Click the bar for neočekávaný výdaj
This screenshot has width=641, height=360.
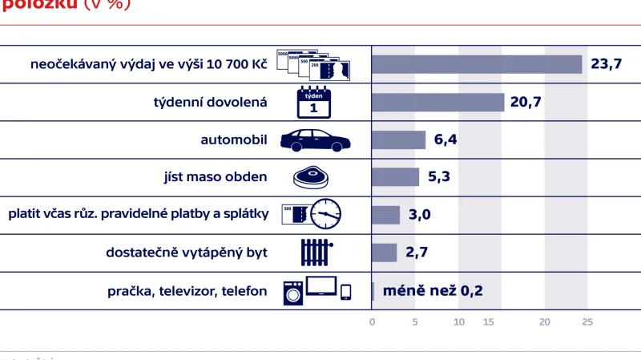476,64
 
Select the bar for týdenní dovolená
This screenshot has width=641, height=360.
437,102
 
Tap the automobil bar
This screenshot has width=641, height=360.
398,140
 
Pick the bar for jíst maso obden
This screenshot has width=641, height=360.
395,177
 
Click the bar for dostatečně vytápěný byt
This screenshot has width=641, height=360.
384,253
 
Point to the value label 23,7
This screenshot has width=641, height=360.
607,64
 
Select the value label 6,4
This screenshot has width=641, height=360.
445,140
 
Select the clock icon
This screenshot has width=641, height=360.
326,214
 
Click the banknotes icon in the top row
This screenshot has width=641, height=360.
313,64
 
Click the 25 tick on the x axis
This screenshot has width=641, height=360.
587,322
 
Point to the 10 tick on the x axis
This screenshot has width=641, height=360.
459,322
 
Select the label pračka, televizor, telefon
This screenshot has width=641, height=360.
187,291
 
